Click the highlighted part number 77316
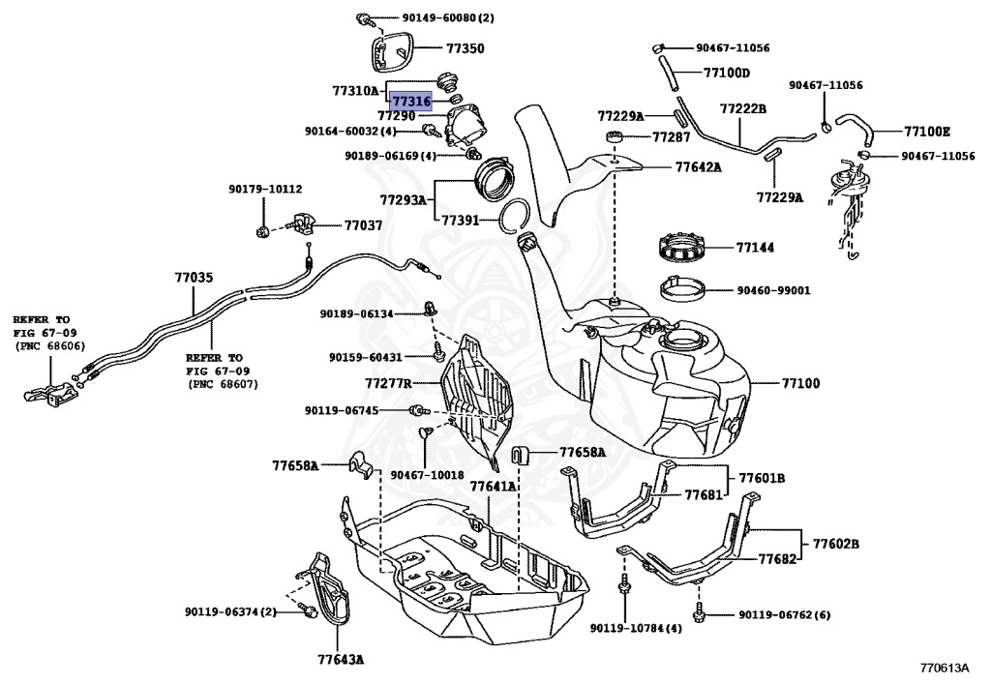(411, 100)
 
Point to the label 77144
(756, 249)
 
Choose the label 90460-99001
(773, 289)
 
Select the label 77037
(363, 225)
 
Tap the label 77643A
(340, 661)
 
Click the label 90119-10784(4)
(635, 628)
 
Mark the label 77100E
(927, 131)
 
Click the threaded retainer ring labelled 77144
(686, 248)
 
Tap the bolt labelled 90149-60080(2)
(364, 17)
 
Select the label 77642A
(698, 166)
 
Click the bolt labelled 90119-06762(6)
(699, 612)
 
